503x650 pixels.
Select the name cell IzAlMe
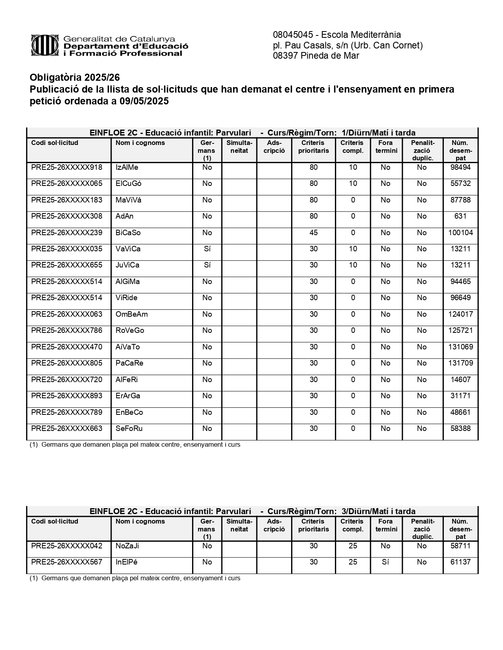click(127, 167)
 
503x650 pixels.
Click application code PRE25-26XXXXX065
click(67, 184)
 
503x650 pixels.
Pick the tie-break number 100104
click(460, 233)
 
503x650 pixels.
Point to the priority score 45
click(313, 233)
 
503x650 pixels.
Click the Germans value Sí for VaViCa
click(207, 249)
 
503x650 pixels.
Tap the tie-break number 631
click(460, 216)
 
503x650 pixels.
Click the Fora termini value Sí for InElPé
click(385, 562)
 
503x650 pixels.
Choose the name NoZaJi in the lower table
click(127, 546)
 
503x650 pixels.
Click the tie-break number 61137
click(460, 562)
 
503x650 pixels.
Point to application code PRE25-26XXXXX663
click(67, 429)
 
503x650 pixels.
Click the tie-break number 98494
click(460, 167)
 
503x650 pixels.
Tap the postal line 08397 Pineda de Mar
click(316, 56)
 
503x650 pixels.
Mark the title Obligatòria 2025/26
click(75, 77)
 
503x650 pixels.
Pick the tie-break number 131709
click(460, 363)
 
